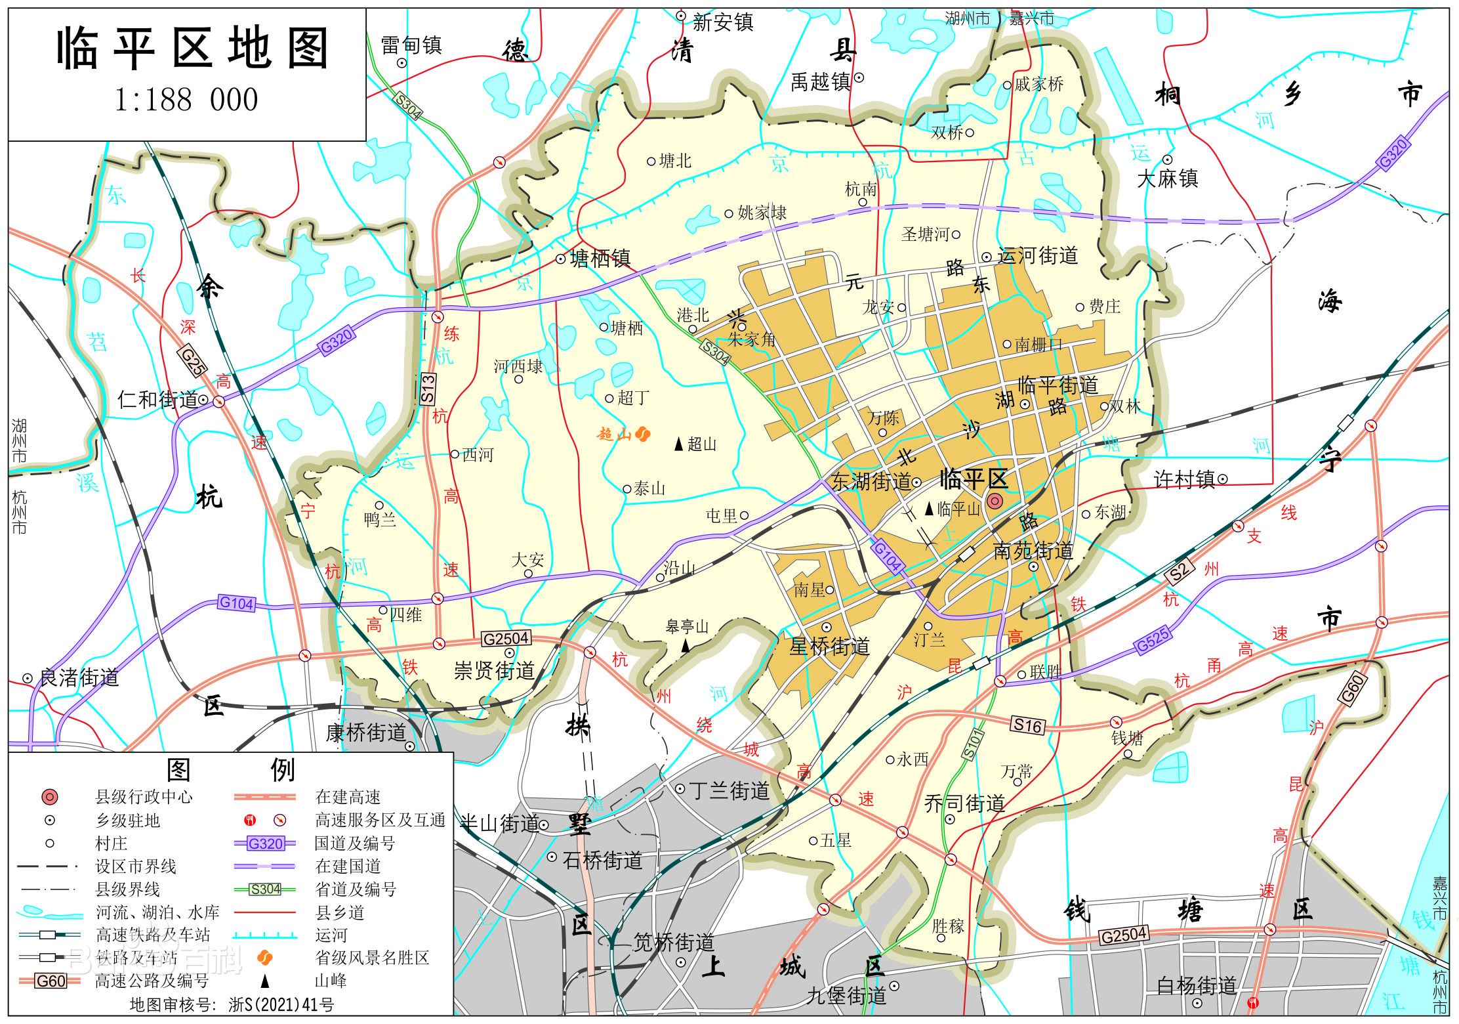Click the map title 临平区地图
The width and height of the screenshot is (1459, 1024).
click(192, 49)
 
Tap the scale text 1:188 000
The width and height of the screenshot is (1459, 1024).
click(186, 100)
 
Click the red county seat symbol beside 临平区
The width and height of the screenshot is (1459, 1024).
click(995, 501)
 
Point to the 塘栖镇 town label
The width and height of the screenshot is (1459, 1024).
click(600, 259)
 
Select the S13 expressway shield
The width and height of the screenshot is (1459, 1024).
click(427, 388)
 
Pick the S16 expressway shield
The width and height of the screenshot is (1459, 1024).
click(1027, 725)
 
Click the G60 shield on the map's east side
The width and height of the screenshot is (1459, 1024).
click(1352, 690)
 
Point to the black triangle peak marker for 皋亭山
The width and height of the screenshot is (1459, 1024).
click(686, 646)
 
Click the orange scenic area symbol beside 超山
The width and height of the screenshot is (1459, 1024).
click(643, 433)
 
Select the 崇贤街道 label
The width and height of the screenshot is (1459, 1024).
click(495, 670)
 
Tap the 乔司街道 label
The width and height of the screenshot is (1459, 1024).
click(964, 803)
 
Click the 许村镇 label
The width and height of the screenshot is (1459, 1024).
click(1184, 480)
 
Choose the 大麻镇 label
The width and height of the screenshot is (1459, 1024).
click(1168, 179)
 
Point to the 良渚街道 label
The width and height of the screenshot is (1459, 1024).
click(79, 677)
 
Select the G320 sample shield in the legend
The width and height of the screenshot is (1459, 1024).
click(266, 843)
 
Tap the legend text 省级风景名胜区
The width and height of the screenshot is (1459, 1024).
click(372, 958)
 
